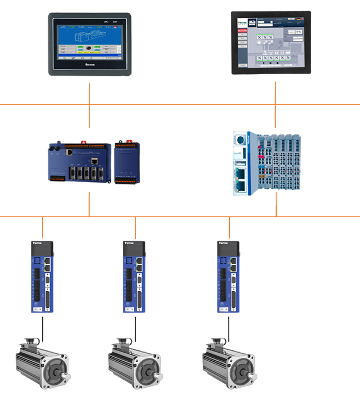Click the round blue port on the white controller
point(240,141)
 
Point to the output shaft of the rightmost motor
point(254,376)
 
